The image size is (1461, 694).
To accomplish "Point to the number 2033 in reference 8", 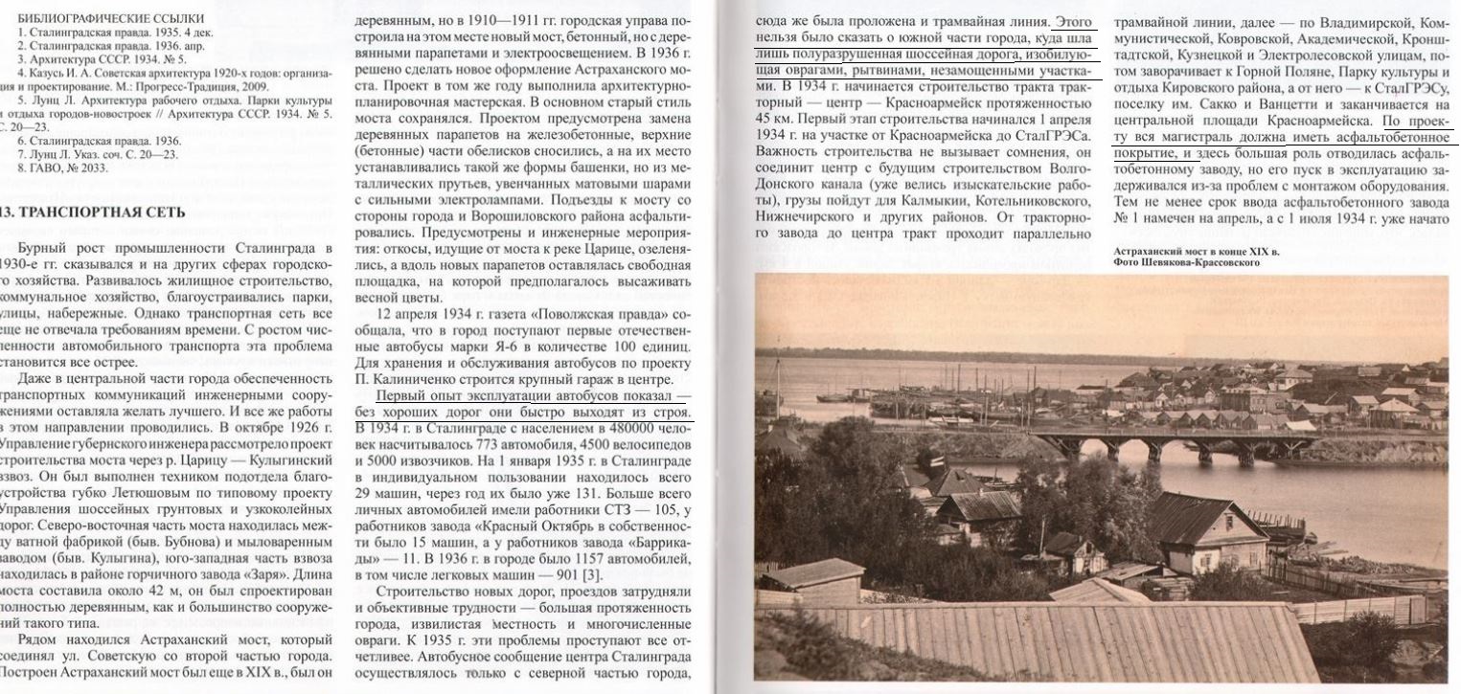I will (92, 168).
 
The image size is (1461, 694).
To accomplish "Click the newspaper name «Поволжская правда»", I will (574, 316).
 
